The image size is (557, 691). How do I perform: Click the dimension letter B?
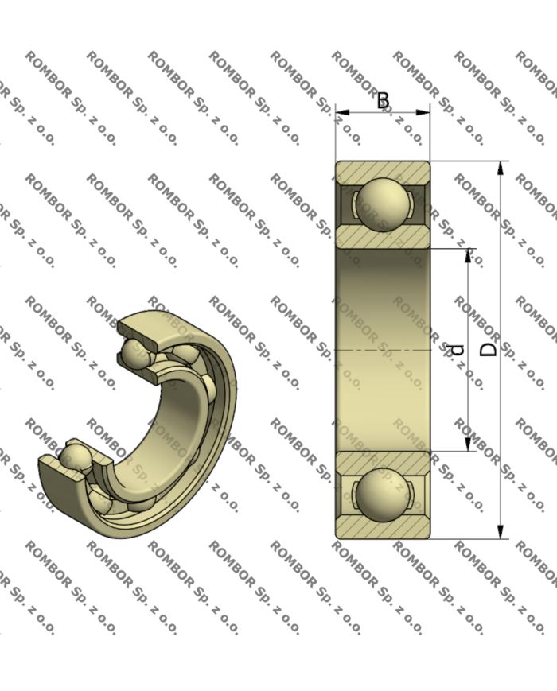click(x=383, y=100)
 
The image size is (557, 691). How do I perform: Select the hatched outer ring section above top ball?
click(x=383, y=169)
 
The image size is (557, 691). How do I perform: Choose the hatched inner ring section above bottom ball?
click(x=383, y=460)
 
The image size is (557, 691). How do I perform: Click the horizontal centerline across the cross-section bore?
click(x=383, y=350)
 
